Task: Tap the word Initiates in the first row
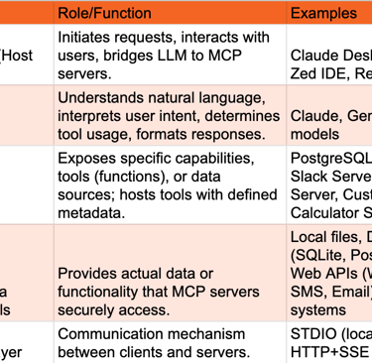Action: [88, 38]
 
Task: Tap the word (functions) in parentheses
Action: [136, 177]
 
